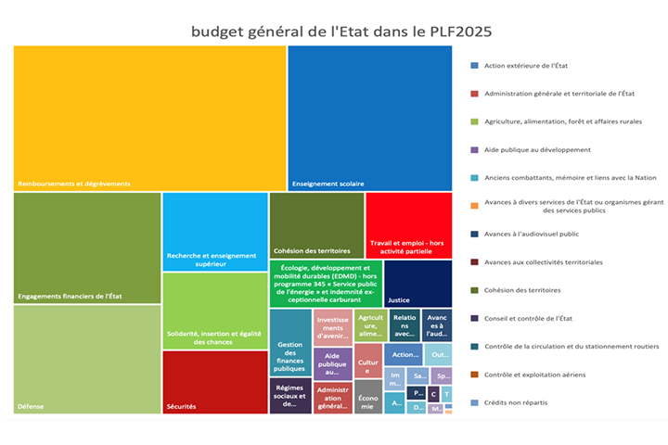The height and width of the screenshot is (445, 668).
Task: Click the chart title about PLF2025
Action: pyautogui.click(x=341, y=32)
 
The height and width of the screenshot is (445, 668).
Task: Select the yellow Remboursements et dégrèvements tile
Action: pyautogui.click(x=148, y=116)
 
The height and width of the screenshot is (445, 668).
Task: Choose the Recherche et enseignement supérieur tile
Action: pyautogui.click(x=215, y=232)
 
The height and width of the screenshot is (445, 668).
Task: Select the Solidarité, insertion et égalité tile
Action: pyautogui.click(x=215, y=311)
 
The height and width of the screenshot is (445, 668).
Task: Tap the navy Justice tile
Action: pyautogui.click(x=417, y=284)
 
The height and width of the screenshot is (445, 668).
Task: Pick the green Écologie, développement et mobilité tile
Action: pyautogui.click(x=326, y=284)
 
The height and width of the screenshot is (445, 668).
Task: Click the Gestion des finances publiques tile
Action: pyautogui.click(x=290, y=342)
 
